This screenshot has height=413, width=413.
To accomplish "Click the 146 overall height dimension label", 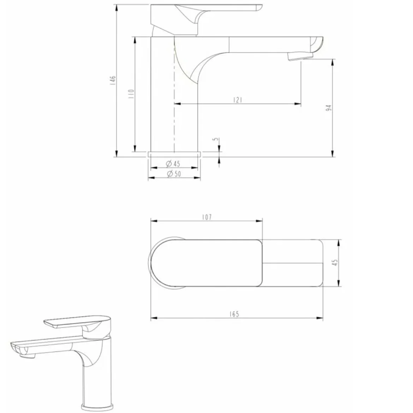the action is (x=113, y=80).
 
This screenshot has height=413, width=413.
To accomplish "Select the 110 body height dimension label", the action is (x=131, y=94).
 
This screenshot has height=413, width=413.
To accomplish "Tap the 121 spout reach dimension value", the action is (x=238, y=100).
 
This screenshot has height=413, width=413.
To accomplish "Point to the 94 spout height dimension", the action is (x=328, y=108).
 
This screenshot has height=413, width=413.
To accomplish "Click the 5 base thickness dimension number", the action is (x=216, y=139).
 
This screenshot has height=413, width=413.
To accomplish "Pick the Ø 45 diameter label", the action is (x=173, y=164).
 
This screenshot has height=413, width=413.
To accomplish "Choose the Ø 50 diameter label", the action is (x=174, y=174).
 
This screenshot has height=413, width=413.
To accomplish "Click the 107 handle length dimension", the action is (x=207, y=217).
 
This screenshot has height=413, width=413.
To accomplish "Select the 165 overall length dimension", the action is (x=234, y=314).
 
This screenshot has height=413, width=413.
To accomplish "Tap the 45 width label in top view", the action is (x=335, y=262).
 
